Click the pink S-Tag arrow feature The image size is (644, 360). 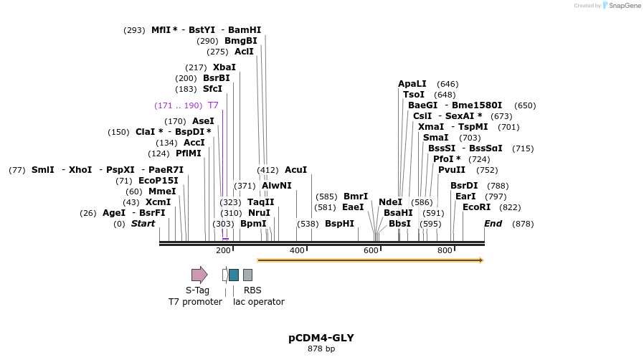(x=199, y=275)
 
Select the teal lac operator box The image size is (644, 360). (x=234, y=275)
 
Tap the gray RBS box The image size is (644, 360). (x=247, y=275)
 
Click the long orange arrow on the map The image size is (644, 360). (x=370, y=260)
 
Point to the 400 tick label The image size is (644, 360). (x=297, y=250)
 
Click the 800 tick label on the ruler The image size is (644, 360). (x=445, y=250)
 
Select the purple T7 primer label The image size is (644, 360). (x=213, y=105)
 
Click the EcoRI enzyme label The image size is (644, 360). (x=476, y=207)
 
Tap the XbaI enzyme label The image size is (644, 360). (x=224, y=67)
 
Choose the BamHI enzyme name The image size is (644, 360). (x=245, y=30)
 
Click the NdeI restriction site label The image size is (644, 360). (x=390, y=202)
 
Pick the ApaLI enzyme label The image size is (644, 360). (x=412, y=84)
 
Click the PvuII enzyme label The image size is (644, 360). (x=452, y=170)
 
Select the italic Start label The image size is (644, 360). (x=143, y=224)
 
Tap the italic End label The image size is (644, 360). (x=493, y=224)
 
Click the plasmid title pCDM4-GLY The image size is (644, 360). (x=321, y=338)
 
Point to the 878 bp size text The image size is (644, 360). (x=321, y=349)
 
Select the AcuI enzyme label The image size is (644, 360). (x=295, y=170)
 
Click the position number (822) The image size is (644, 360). (x=510, y=207)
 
